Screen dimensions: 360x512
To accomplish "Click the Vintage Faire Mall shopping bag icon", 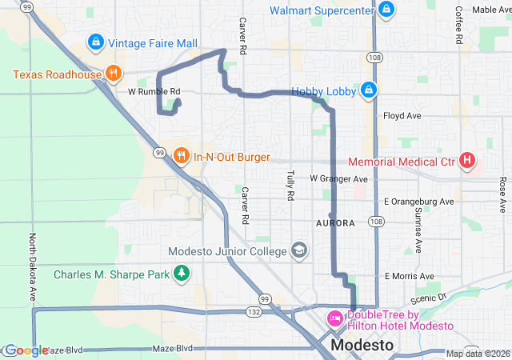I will click(x=95, y=41).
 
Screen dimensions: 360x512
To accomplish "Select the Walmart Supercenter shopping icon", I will click(x=386, y=10).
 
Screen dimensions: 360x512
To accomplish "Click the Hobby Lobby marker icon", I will click(x=368, y=90).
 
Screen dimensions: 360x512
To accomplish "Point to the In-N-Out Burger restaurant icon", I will click(x=182, y=156).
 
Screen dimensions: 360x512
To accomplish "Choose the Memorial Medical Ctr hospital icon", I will click(x=467, y=162).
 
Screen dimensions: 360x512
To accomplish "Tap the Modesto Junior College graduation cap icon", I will click(x=298, y=251).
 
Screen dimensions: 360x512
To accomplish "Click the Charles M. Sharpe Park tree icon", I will click(x=182, y=274).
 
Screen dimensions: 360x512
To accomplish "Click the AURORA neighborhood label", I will click(x=336, y=222).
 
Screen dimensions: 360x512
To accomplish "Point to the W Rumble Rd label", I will click(x=154, y=91).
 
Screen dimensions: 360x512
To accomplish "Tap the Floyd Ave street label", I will click(x=402, y=115).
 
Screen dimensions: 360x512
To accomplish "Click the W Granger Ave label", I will click(x=338, y=178).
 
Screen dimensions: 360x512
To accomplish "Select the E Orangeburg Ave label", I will click(x=418, y=201).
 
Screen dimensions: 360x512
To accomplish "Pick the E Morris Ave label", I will click(x=408, y=276).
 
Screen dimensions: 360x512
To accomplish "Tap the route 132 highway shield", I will click(x=254, y=310).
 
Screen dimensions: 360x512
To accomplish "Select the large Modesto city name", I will click(x=362, y=346).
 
